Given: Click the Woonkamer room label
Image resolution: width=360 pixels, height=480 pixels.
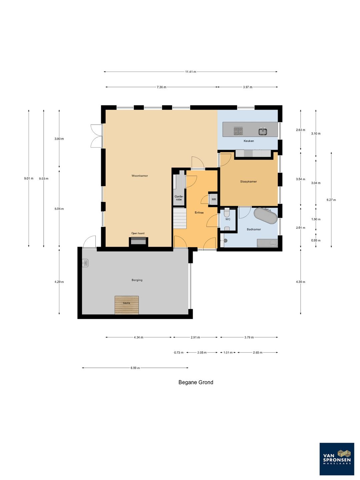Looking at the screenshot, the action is (x=140, y=176).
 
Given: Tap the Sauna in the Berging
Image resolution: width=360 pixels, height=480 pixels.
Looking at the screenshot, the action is (x=127, y=305).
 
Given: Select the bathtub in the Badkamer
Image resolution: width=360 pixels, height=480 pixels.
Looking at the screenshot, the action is (x=266, y=216).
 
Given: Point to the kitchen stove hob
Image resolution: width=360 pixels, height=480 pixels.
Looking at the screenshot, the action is (x=238, y=131).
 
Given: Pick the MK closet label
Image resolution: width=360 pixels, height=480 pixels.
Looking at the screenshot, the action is (x=214, y=199).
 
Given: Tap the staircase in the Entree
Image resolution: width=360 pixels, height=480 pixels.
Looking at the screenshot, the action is (x=180, y=218).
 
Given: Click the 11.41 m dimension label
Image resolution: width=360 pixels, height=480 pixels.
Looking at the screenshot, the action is (x=191, y=72).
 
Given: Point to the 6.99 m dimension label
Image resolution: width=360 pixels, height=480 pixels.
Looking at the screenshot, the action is (x=135, y=368).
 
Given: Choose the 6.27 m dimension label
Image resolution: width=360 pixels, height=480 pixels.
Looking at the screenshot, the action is (x=331, y=200).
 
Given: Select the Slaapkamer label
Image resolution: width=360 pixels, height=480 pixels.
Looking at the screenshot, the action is (x=249, y=182).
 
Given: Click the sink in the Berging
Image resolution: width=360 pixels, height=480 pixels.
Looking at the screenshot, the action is (x=85, y=263).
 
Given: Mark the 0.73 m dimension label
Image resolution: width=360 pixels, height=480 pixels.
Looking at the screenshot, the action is (x=179, y=353).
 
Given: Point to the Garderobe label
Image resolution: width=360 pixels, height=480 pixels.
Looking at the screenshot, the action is (x=179, y=198).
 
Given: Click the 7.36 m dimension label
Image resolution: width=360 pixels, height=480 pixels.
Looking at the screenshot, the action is (x=161, y=87).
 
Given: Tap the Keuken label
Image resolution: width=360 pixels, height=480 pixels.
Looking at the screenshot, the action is (x=249, y=141).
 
